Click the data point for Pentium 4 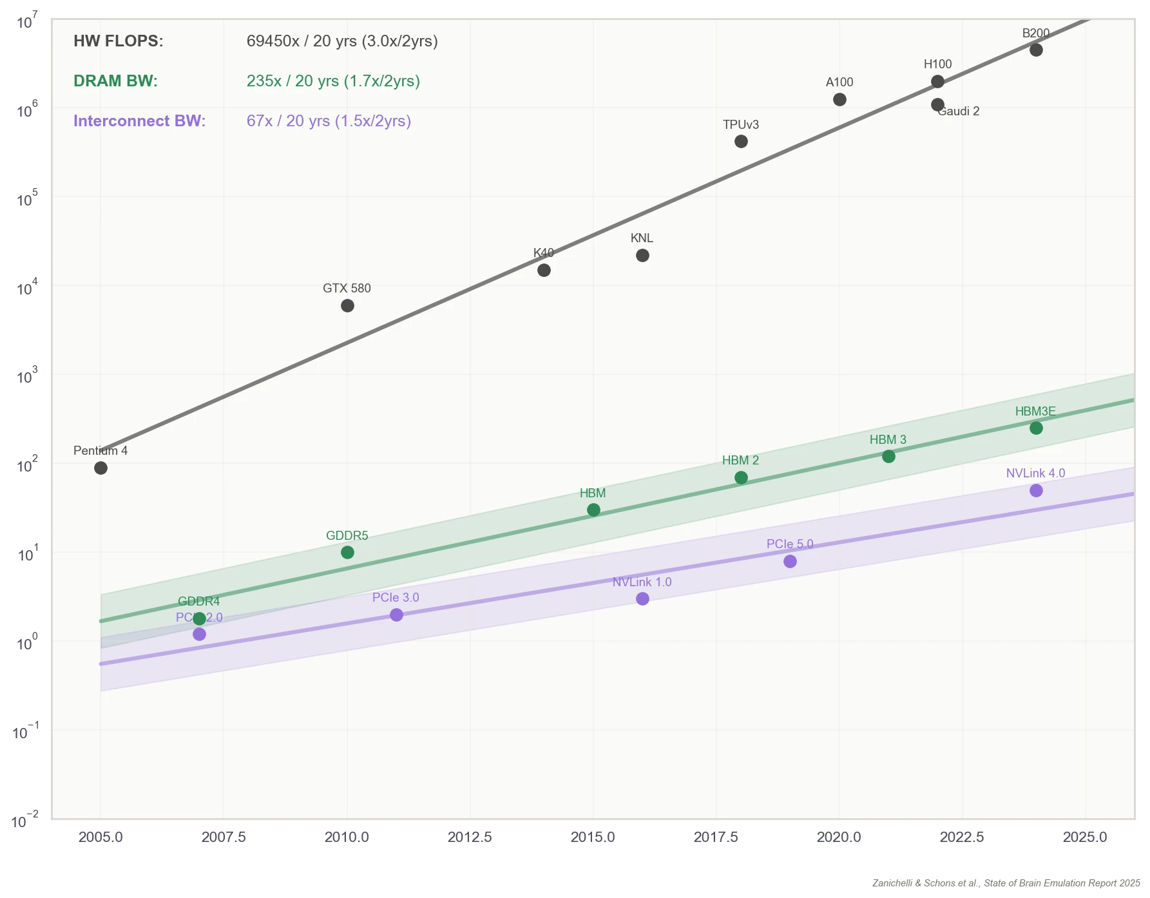(101, 468)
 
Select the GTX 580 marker (347, 305)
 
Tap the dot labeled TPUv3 (741, 141)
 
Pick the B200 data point (1036, 50)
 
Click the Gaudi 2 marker (937, 104)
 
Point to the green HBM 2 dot (741, 477)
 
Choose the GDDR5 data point (347, 552)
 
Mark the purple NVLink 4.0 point (1036, 490)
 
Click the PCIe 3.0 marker (396, 615)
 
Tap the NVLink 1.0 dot (642, 598)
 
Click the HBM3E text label (1035, 411)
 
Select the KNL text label (642, 238)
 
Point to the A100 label (839, 82)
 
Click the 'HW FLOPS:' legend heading (119, 41)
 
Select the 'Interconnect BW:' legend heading (139, 121)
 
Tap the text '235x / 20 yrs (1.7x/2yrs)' (333, 81)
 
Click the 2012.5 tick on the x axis (470, 837)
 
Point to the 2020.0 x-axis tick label (839, 837)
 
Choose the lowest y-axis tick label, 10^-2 (25, 821)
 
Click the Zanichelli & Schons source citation (1006, 883)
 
